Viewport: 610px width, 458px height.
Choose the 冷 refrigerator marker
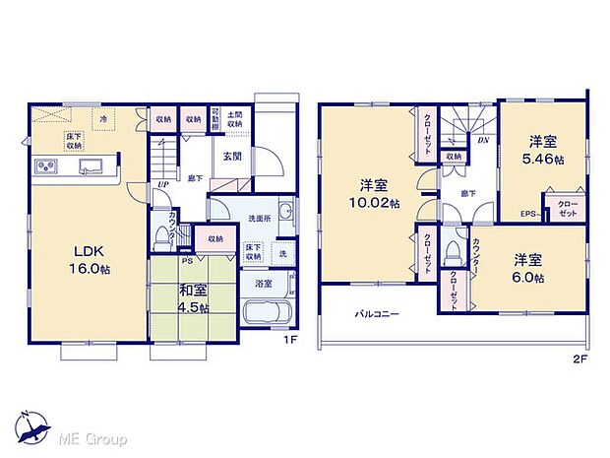pyautogui.click(x=104, y=118)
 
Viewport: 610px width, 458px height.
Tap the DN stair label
pyautogui.click(x=483, y=141)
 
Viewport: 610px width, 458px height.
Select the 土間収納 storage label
pyautogui.click(x=235, y=119)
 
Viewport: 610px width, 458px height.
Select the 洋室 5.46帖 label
pyautogui.click(x=541, y=150)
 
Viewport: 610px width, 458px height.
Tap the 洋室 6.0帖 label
pyautogui.click(x=529, y=268)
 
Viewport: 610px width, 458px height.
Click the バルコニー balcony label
pyautogui.click(x=376, y=314)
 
